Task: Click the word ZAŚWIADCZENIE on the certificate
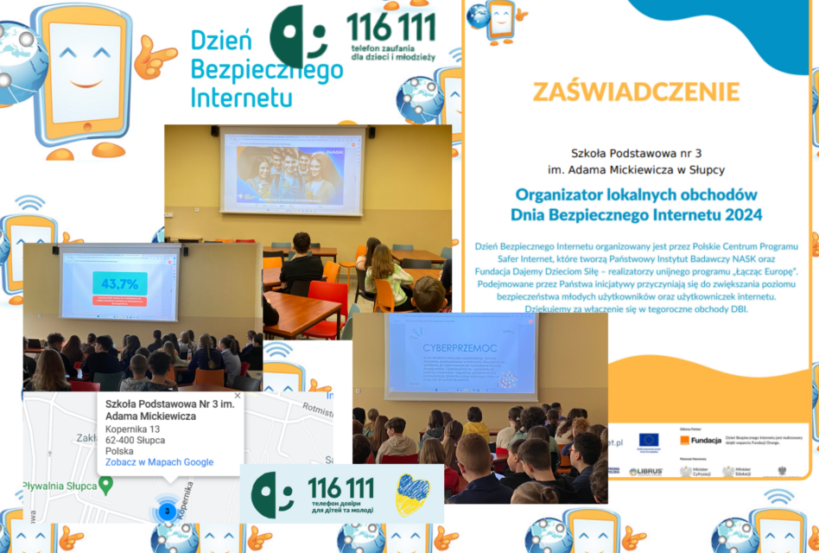(x=636, y=92)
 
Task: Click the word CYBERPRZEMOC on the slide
(x=450, y=349)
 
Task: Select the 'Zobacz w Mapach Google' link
(x=159, y=462)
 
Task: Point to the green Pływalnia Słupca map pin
(x=106, y=486)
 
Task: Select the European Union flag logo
(x=649, y=440)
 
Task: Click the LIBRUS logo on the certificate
(x=645, y=472)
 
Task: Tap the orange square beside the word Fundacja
(x=684, y=440)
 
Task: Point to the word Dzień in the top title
(x=221, y=41)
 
